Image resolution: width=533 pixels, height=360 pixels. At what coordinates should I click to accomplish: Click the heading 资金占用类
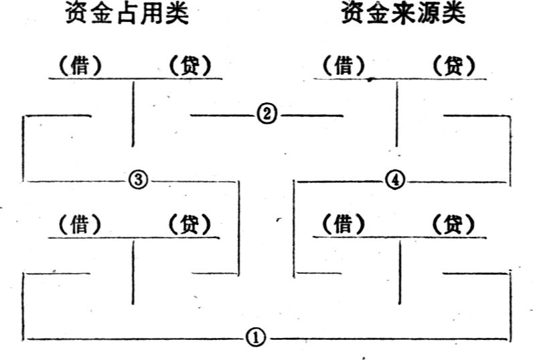(x=127, y=13)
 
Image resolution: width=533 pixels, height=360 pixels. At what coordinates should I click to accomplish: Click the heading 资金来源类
(x=404, y=13)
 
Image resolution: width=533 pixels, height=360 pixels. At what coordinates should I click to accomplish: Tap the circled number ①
(x=256, y=338)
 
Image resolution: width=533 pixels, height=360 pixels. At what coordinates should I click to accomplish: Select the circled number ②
(x=267, y=114)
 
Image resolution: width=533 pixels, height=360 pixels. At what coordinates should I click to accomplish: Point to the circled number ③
(x=139, y=179)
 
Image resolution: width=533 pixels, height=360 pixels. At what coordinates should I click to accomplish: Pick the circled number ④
(x=395, y=179)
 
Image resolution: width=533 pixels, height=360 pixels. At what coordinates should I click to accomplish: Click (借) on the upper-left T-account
(x=80, y=65)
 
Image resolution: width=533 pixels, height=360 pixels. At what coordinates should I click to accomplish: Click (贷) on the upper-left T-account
(x=189, y=65)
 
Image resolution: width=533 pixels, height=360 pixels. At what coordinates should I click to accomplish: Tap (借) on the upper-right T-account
(x=344, y=65)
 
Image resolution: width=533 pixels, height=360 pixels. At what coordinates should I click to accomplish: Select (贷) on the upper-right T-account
(x=454, y=65)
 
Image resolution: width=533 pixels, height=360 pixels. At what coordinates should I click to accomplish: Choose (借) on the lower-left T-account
(x=80, y=224)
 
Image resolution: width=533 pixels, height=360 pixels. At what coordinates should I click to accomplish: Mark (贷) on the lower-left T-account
(x=189, y=224)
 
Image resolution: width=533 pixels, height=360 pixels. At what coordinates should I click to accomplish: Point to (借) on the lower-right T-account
(x=344, y=224)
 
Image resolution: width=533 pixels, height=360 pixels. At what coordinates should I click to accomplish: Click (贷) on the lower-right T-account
(x=453, y=224)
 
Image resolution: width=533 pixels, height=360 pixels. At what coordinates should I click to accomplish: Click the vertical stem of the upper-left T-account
(x=133, y=114)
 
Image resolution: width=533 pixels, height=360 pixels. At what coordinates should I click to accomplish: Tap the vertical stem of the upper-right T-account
(x=396, y=114)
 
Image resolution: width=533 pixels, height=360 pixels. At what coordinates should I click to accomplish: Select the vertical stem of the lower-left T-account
(x=133, y=273)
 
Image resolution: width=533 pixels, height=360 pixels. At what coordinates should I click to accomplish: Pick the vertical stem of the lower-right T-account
(x=400, y=273)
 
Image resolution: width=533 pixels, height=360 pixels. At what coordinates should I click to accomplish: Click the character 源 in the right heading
(x=429, y=13)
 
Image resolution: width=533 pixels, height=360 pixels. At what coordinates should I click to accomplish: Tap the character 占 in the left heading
(x=127, y=13)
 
